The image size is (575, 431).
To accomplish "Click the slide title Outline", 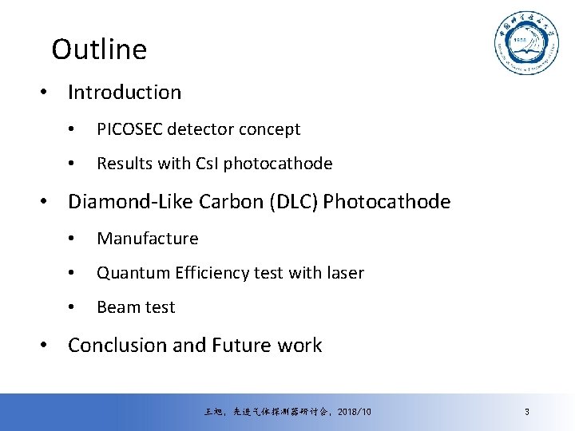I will coord(99,49).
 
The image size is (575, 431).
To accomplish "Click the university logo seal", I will coord(525,45).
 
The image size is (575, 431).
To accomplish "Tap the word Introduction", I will coord(125,93).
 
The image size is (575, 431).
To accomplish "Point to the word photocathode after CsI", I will coord(278,164).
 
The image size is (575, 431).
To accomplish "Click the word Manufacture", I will coord(148,239).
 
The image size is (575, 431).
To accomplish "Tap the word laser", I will coord(345,273).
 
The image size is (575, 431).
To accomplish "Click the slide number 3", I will coord(527,412).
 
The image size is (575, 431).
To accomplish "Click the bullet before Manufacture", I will coord(72,239).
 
